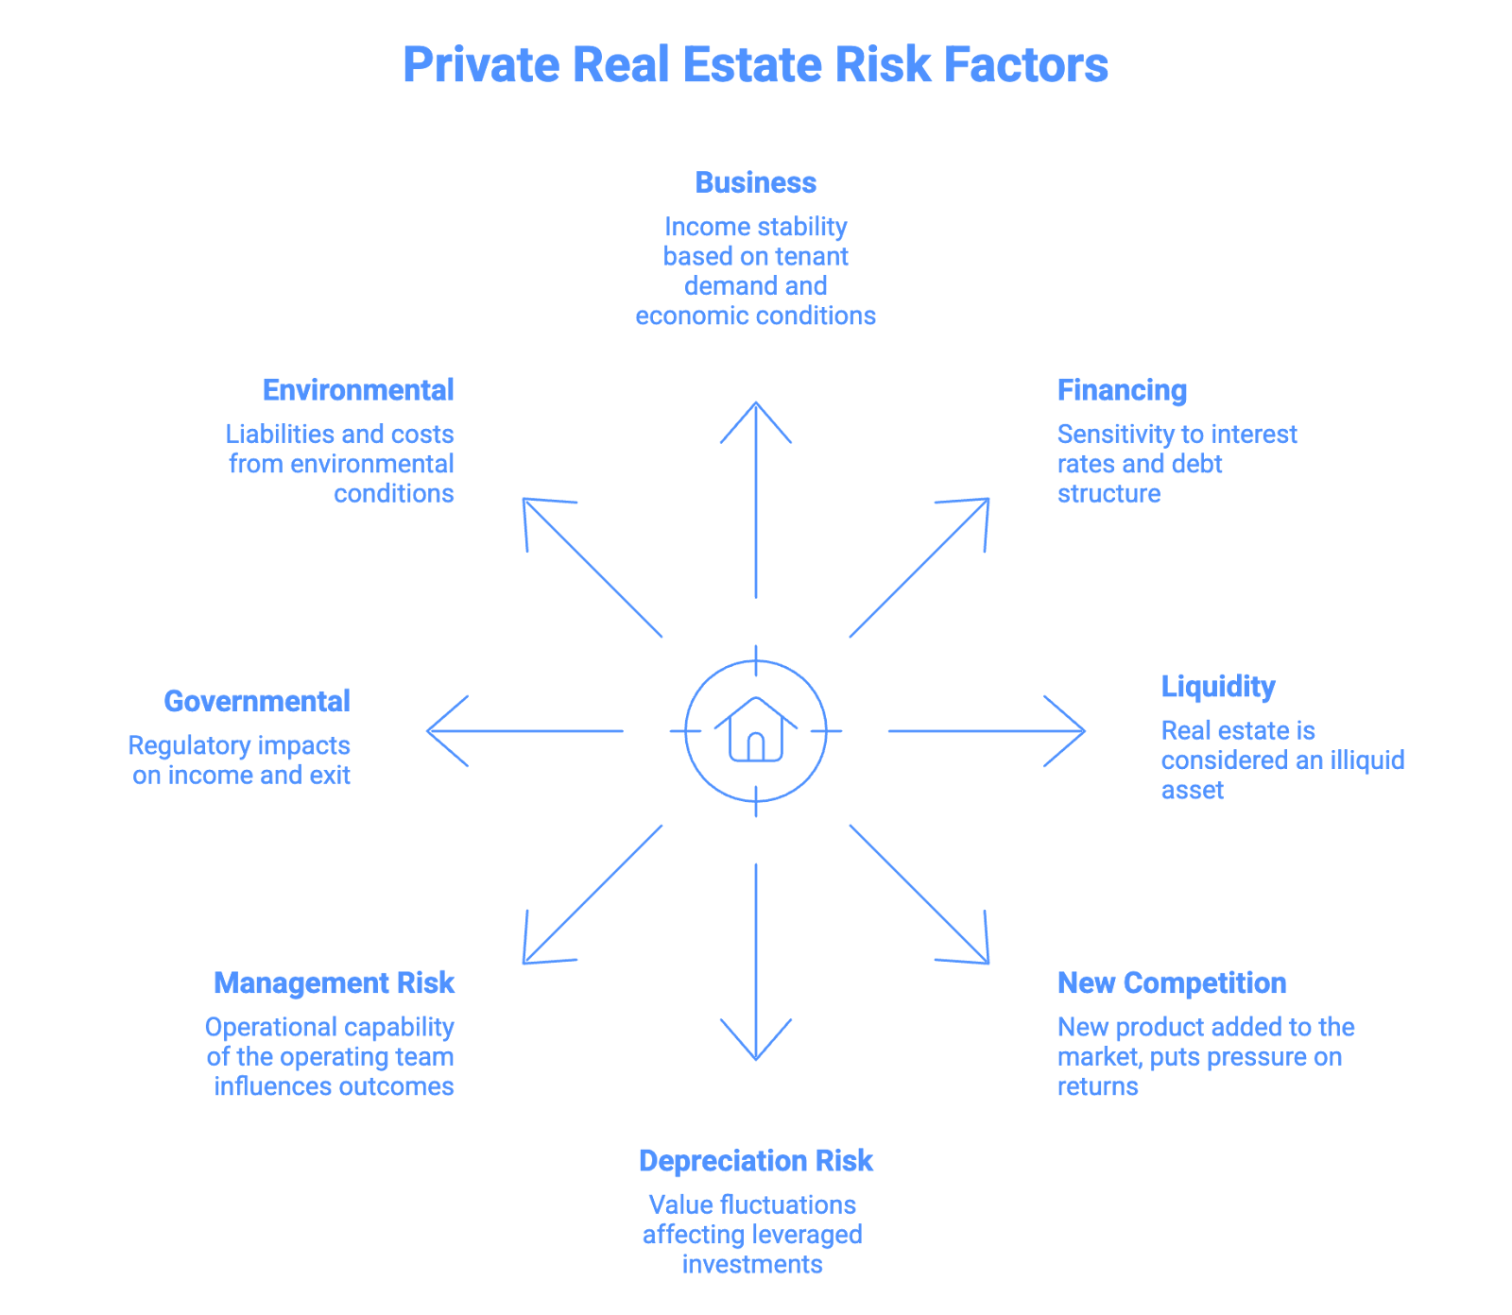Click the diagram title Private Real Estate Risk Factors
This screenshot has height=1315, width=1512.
click(x=755, y=65)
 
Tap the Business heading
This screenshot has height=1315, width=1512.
click(x=755, y=182)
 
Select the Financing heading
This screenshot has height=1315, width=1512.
click(x=1122, y=390)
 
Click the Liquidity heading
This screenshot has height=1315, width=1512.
click(x=1218, y=687)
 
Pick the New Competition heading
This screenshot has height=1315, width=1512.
click(x=1172, y=983)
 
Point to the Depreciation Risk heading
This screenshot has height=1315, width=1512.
click(x=755, y=1161)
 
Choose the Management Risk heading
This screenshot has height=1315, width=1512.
click(x=334, y=983)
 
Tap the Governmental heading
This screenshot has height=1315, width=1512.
click(x=256, y=701)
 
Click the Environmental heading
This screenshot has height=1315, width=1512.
click(x=357, y=390)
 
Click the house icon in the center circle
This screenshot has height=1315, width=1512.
click(x=755, y=730)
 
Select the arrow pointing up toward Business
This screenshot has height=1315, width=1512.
click(x=756, y=501)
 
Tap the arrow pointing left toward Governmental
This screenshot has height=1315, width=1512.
click(x=524, y=730)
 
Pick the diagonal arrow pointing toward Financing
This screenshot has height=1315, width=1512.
click(x=919, y=568)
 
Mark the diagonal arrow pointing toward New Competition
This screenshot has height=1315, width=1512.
click(x=919, y=895)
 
